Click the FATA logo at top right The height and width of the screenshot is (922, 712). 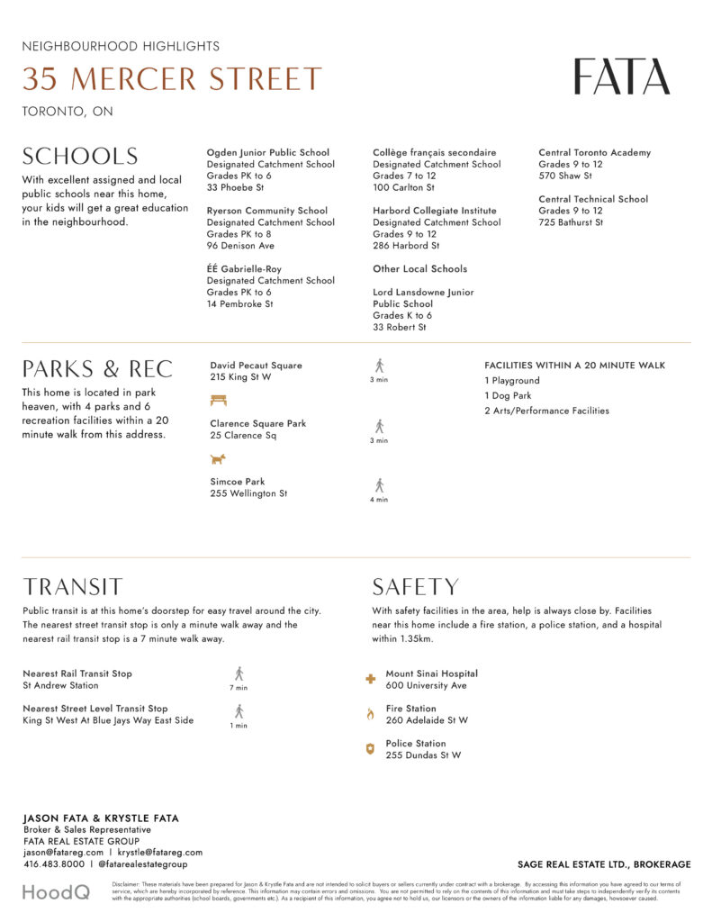pyautogui.click(x=622, y=77)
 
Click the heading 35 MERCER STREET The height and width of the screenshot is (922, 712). pyautogui.click(x=171, y=79)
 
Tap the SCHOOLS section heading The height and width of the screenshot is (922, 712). pyautogui.click(x=80, y=157)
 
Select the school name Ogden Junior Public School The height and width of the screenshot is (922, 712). pyautogui.click(x=267, y=153)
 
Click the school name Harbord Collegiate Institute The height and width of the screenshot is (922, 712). pyautogui.click(x=434, y=211)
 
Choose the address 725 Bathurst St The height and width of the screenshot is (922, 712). pyautogui.click(x=571, y=222)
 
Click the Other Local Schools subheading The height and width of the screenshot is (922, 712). pyautogui.click(x=419, y=269)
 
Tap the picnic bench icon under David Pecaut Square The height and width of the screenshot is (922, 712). pyautogui.click(x=219, y=401)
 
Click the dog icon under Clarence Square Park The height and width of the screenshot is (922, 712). pyautogui.click(x=218, y=458)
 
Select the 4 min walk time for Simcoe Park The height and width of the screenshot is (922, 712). pyautogui.click(x=379, y=500)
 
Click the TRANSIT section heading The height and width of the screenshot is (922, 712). pyautogui.click(x=72, y=588)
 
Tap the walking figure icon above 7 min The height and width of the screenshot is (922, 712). pyautogui.click(x=239, y=673)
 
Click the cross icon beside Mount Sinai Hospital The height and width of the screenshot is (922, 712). pyautogui.click(x=369, y=680)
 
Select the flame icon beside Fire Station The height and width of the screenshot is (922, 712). pyautogui.click(x=369, y=714)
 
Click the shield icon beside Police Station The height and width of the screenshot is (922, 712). pyautogui.click(x=369, y=749)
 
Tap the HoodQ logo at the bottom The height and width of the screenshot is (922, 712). pyautogui.click(x=56, y=892)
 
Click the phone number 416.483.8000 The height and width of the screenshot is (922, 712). pyautogui.click(x=54, y=864)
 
